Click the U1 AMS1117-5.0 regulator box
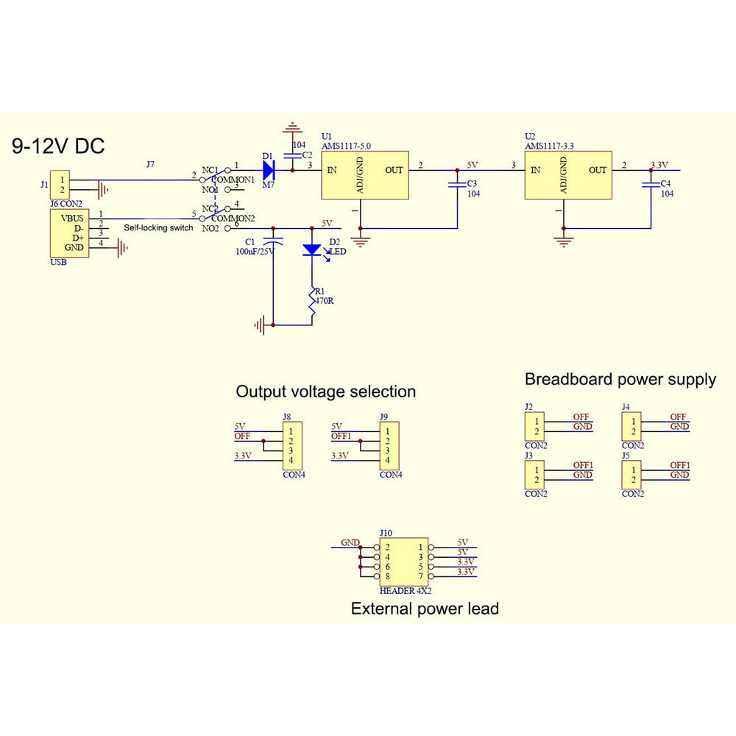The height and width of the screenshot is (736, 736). pos(365,175)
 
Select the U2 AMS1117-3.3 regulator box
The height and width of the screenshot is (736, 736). pos(567,175)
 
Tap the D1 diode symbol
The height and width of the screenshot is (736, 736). pos(269,171)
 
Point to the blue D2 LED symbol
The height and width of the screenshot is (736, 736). pos(312,250)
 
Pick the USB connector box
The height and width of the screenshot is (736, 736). pos(68,233)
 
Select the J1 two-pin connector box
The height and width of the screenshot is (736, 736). pos(62,184)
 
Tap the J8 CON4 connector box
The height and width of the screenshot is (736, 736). pos(291,445)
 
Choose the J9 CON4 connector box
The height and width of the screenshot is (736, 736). pos(389,445)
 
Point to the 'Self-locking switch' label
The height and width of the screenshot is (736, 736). pos(158,228)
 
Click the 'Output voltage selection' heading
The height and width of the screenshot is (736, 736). pos(325,392)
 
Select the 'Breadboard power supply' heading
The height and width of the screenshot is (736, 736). pos(620,380)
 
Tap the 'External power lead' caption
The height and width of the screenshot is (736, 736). pos(425,609)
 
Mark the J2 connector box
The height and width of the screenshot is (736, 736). pos(537,427)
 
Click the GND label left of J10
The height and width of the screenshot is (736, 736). pos(350,542)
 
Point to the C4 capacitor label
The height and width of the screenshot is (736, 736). pos(666,183)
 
